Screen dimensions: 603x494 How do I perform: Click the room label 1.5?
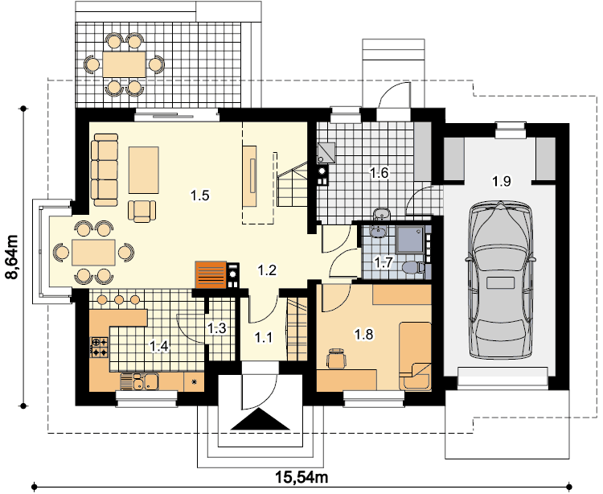pos(200,196)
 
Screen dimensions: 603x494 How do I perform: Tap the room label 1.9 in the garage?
pos(503,181)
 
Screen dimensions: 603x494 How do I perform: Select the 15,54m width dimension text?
pos(301,477)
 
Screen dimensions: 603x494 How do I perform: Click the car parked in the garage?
pos(500,280)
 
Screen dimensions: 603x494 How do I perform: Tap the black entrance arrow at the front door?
pos(260,419)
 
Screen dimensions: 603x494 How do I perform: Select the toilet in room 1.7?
pos(413,266)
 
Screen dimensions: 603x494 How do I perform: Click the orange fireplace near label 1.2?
pos(211,274)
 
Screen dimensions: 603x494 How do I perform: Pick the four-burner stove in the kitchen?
pos(99,348)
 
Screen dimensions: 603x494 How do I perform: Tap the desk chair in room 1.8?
pos(337,359)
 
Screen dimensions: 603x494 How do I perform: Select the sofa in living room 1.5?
pos(105,170)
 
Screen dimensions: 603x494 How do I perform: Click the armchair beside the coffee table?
pos(142,211)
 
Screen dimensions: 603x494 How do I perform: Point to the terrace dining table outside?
pos(124,64)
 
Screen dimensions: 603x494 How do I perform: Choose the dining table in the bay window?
pos(93,253)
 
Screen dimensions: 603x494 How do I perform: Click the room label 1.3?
pos(216,328)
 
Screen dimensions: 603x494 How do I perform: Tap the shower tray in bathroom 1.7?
pos(411,240)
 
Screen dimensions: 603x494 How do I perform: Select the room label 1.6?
pos(379,173)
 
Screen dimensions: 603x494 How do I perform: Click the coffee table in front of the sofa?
pos(143,170)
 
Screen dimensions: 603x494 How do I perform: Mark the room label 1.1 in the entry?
pos(264,337)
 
